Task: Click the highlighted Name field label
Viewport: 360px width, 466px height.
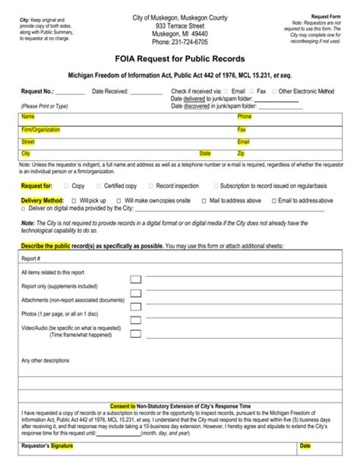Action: point(28,117)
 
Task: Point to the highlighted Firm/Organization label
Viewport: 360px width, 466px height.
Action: point(41,130)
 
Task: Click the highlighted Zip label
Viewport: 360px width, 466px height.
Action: point(242,153)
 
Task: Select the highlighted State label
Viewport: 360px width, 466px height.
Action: point(205,153)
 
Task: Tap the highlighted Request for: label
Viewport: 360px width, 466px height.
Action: point(37,185)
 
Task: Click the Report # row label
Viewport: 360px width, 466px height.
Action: point(31,258)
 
